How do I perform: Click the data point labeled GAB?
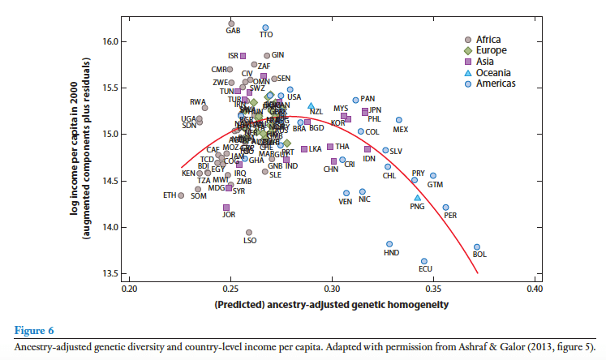232,23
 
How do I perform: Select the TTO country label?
266,35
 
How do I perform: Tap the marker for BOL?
477,246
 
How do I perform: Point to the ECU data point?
424,261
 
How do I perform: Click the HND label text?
391,253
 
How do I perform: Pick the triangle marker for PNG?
418,197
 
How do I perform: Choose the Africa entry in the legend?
488,40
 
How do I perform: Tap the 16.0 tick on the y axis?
110,41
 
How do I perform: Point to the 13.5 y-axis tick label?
110,273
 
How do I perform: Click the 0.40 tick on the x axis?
534,288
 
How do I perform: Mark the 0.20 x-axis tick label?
129,288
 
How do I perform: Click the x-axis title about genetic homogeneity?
331,305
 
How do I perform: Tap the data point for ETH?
181,195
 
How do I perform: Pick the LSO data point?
249,232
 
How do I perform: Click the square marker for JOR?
226,208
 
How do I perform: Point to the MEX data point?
399,120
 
